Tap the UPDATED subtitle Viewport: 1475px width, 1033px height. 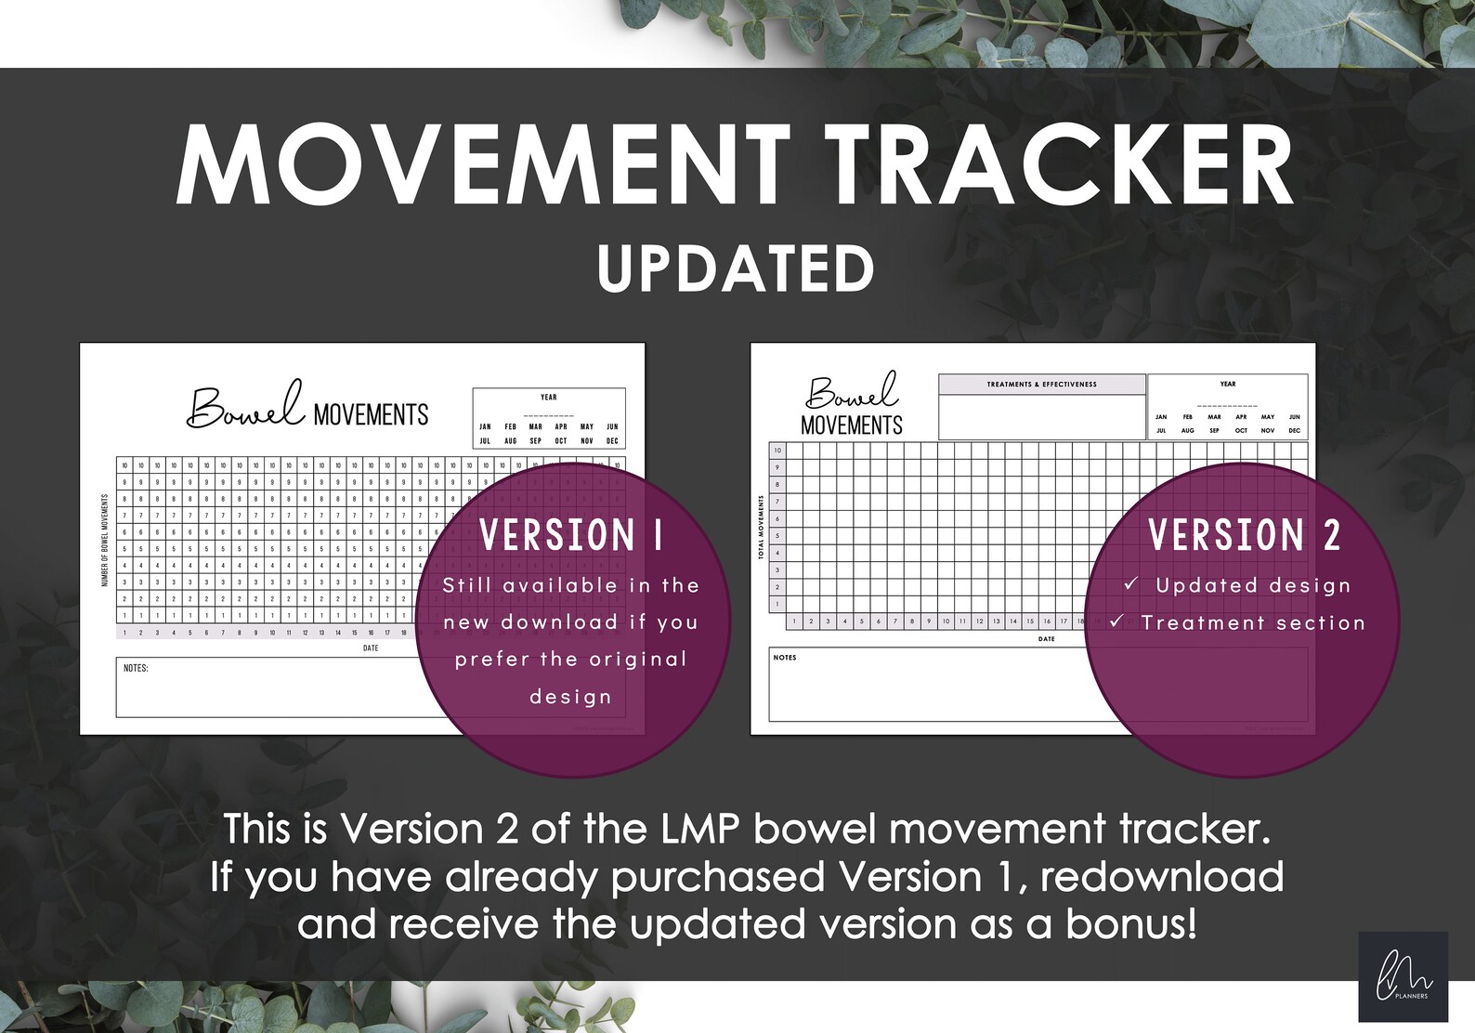pyautogui.click(x=736, y=268)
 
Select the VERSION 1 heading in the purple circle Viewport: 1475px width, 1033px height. pyautogui.click(x=571, y=535)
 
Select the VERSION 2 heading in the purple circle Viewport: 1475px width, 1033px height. pyautogui.click(x=1244, y=535)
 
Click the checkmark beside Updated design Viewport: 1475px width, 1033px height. pyautogui.click(x=1130, y=583)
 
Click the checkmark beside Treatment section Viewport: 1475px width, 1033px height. pyautogui.click(x=1116, y=621)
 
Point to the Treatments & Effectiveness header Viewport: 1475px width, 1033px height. pyautogui.click(x=1041, y=384)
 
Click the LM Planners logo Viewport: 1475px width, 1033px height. pyautogui.click(x=1403, y=976)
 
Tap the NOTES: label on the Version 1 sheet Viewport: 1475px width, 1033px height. pyautogui.click(x=136, y=668)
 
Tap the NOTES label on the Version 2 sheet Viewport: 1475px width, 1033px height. pyautogui.click(x=785, y=658)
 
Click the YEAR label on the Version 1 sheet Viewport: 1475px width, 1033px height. pyautogui.click(x=549, y=398)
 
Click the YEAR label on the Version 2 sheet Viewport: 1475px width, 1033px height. pyautogui.click(x=1228, y=384)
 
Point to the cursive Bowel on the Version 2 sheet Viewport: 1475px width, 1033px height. pyautogui.click(x=851, y=392)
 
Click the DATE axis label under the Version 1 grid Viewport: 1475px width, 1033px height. pyautogui.click(x=371, y=648)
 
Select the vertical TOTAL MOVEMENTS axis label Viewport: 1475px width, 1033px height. pyautogui.click(x=762, y=527)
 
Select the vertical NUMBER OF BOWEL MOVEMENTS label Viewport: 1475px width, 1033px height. pyautogui.click(x=105, y=540)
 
